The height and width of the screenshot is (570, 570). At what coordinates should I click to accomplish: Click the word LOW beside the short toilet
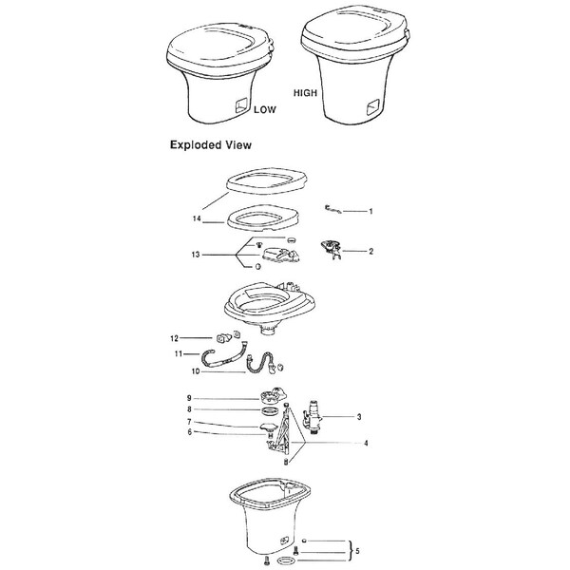[x=265, y=109]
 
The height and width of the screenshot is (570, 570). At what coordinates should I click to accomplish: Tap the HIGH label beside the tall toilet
[x=305, y=93]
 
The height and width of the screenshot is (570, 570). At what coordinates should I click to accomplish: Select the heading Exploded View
[x=211, y=145]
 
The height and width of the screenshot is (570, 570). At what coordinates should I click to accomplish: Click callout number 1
[x=370, y=211]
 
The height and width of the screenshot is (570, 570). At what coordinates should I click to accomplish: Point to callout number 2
[x=370, y=251]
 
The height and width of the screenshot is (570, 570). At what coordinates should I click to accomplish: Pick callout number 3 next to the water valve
[x=359, y=417]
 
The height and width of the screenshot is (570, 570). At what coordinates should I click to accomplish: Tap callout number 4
[x=366, y=443]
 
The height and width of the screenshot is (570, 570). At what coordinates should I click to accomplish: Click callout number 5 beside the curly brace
[x=357, y=551]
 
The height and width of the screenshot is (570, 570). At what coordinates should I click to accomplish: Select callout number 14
[x=197, y=218]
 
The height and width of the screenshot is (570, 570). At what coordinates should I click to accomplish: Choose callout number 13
[x=196, y=255]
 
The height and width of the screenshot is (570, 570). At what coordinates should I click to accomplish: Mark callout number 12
[x=174, y=338]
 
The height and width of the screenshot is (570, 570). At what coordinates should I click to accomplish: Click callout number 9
[x=189, y=398]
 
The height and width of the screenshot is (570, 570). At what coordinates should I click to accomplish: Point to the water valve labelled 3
[x=310, y=417]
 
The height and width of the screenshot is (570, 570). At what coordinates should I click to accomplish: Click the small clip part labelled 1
[x=332, y=209]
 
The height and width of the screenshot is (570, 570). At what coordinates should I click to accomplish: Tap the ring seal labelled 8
[x=268, y=411]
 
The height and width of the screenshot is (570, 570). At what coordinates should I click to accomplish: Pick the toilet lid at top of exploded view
[x=266, y=181]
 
